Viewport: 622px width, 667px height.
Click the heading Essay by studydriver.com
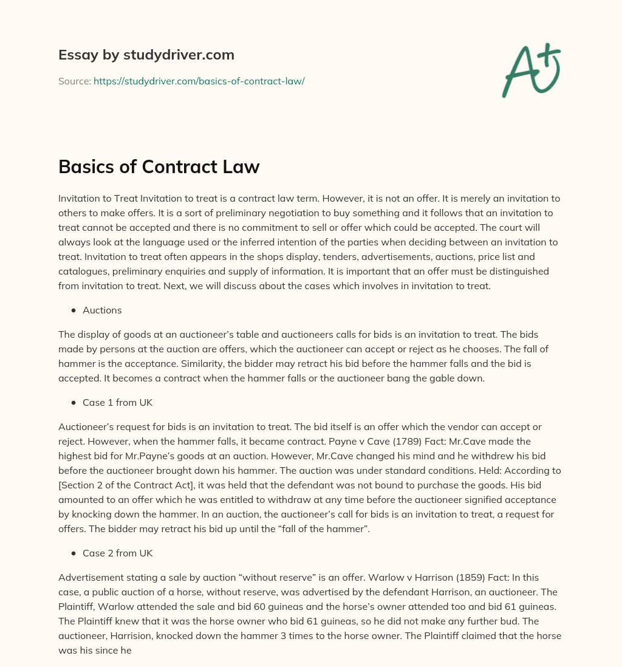[146, 55]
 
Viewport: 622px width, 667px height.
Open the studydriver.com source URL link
[199, 81]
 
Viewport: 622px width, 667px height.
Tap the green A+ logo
[531, 70]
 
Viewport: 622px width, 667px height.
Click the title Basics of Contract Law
[159, 166]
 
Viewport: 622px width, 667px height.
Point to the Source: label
[74, 81]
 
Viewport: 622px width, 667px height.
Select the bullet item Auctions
[102, 310]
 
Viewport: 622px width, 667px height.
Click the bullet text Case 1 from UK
[117, 402]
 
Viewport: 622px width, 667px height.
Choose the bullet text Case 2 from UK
[117, 553]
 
